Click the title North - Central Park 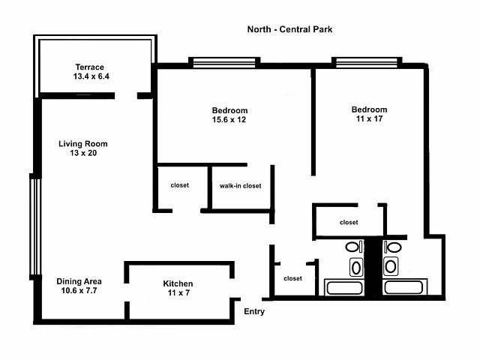coord(289,30)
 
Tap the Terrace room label coord(89,67)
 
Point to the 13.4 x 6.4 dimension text coord(89,76)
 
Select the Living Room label coord(83,143)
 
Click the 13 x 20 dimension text coord(83,153)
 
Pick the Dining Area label coord(79,282)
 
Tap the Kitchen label coord(178,283)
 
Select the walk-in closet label coord(240,186)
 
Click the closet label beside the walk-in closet coord(180,185)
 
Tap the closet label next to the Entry coord(292,278)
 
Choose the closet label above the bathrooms coord(349,222)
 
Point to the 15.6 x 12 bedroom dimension coord(229,120)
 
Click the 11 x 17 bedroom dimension coord(370,120)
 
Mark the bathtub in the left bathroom coord(343,287)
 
